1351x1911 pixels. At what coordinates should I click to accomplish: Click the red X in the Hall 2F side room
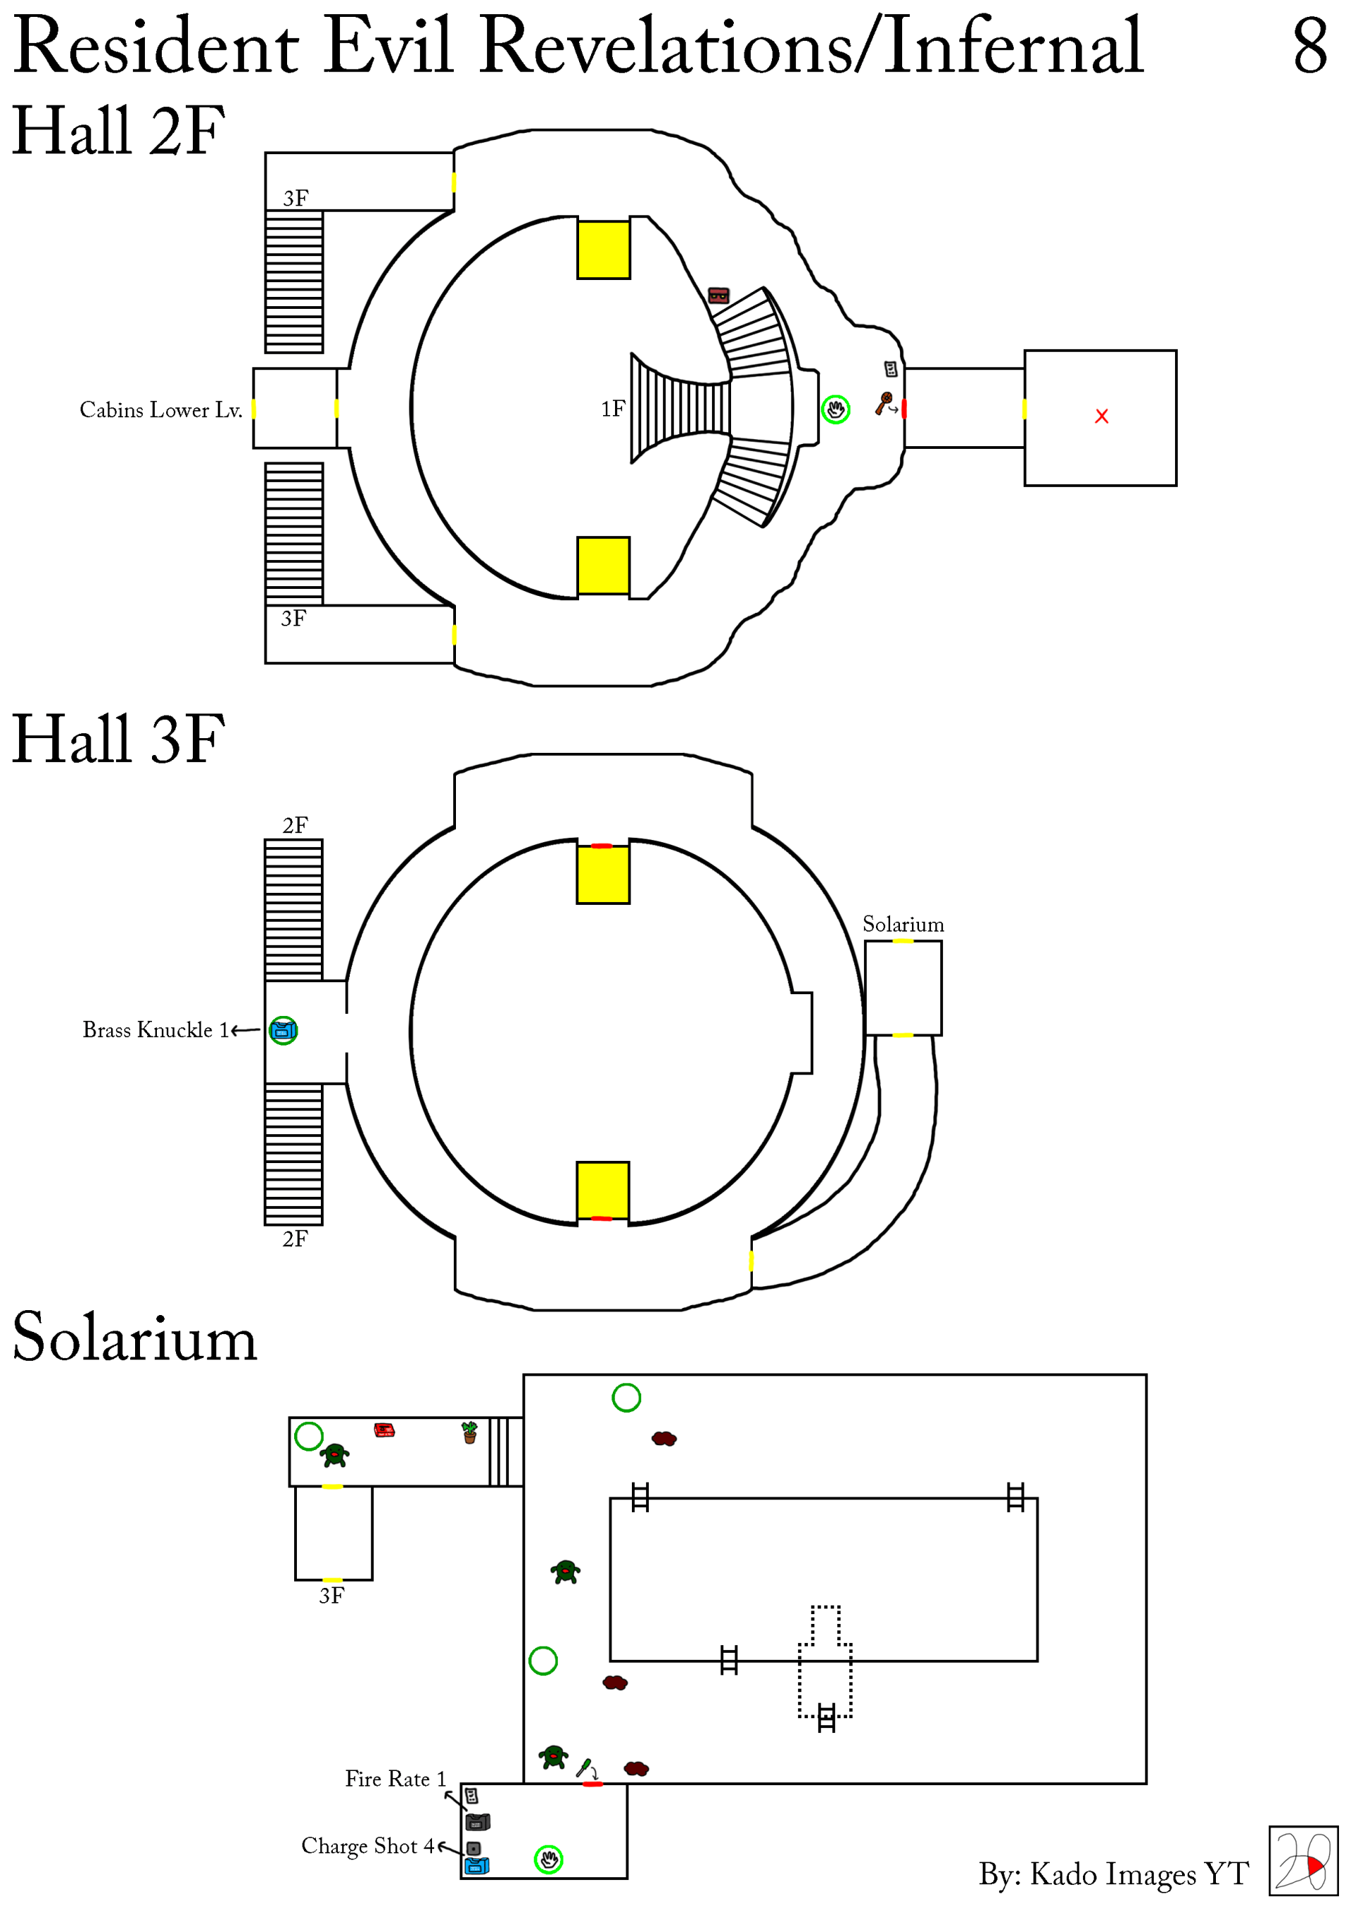click(1101, 416)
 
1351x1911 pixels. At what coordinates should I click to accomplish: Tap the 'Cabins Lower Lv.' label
click(160, 410)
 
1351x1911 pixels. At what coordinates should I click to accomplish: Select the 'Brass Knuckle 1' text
click(155, 1029)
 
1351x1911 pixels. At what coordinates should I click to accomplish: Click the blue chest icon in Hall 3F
click(283, 1030)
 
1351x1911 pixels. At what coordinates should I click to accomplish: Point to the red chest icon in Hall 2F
click(718, 296)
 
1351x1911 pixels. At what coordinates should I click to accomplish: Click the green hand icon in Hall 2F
click(835, 409)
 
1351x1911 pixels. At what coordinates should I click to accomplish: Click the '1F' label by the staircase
click(613, 409)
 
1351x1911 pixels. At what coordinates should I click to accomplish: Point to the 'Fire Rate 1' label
click(395, 1779)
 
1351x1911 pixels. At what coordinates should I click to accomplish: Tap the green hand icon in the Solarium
click(547, 1860)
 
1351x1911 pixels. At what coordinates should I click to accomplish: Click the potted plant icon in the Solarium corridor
click(469, 1433)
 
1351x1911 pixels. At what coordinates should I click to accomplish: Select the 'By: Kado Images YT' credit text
click(1113, 1874)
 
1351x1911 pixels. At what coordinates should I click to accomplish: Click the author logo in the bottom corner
click(1302, 1861)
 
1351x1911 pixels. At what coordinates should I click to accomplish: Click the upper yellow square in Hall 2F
click(604, 250)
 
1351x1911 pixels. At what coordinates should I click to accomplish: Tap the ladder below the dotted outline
click(826, 1718)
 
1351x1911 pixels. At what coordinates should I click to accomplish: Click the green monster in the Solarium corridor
click(335, 1455)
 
